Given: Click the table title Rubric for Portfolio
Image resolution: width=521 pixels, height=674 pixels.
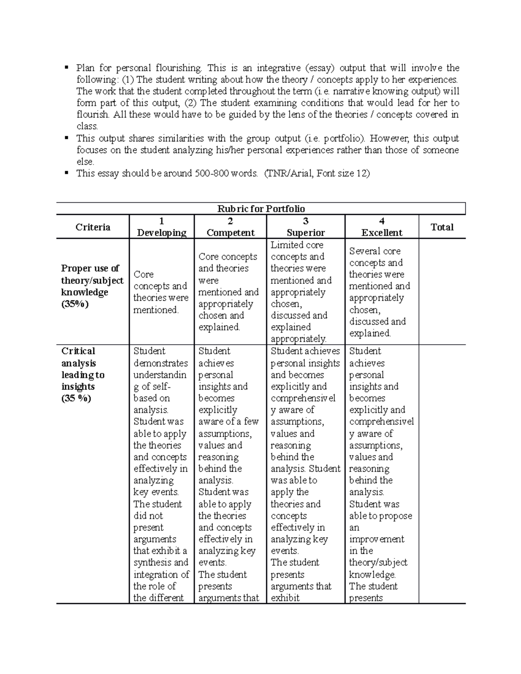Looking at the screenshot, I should pyautogui.click(x=261, y=209).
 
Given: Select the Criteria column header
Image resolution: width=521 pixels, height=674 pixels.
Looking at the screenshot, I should pyautogui.click(x=92, y=227).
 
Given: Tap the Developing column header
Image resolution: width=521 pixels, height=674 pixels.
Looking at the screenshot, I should pyautogui.click(x=162, y=233).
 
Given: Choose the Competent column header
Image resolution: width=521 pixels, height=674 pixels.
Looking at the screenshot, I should pyautogui.click(x=230, y=233).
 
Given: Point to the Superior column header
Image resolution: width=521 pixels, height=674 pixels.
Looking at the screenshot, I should pyautogui.click(x=306, y=233).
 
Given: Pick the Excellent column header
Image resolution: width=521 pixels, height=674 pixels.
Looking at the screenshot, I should pyautogui.click(x=382, y=233).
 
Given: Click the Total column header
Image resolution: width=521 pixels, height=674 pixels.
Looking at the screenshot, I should pyautogui.click(x=442, y=227).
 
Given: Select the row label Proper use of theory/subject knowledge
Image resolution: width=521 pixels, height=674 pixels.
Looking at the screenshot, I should pyautogui.click(x=92, y=280).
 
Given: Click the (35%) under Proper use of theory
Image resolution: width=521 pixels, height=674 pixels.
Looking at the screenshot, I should pyautogui.click(x=75, y=304).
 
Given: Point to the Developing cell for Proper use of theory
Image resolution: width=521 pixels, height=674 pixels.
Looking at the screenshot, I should pyautogui.click(x=161, y=292).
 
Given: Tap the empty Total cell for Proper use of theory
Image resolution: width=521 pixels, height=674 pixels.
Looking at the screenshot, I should pyautogui.click(x=442, y=292).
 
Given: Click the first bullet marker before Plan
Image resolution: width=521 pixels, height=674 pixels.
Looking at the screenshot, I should pyautogui.click(x=66, y=67).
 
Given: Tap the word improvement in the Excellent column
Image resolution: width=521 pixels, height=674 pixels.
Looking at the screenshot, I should pyautogui.click(x=376, y=539).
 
